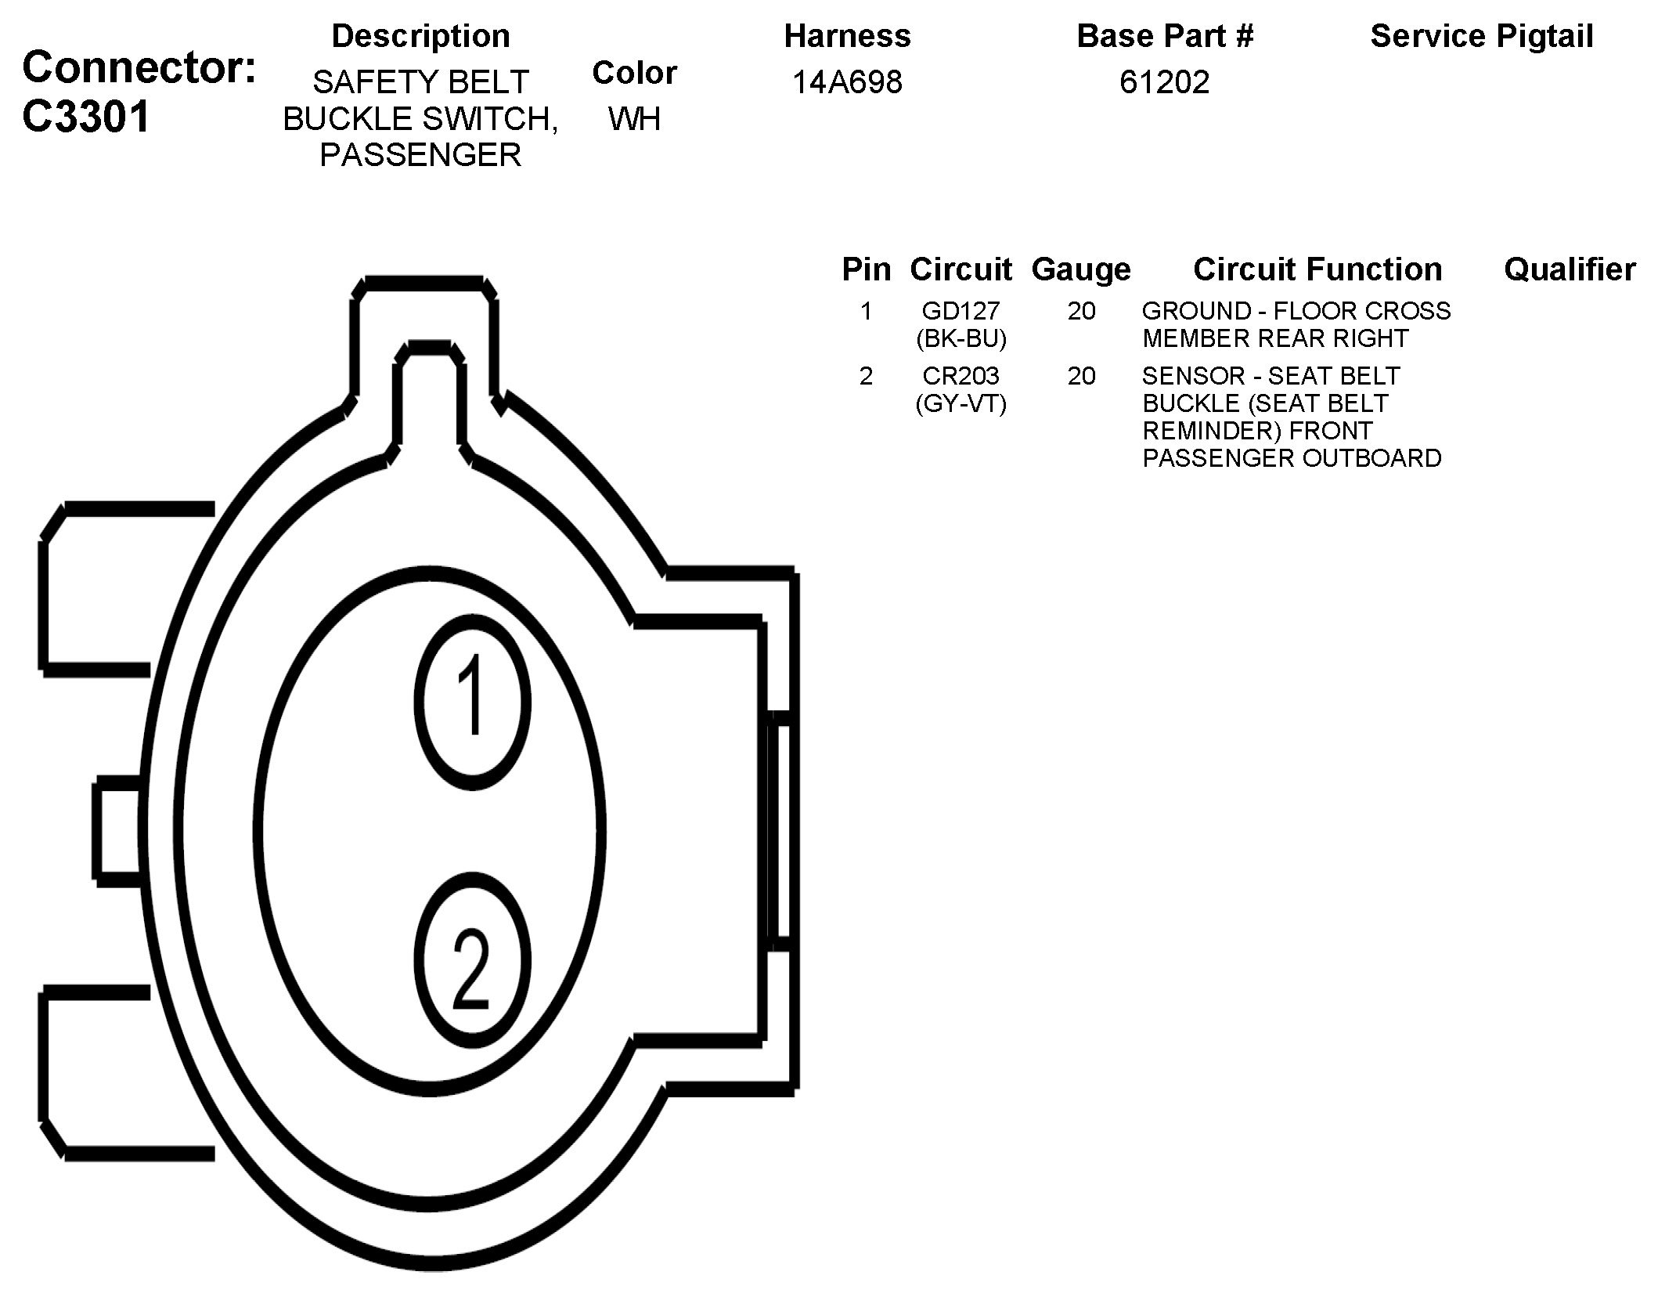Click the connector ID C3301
click(x=86, y=117)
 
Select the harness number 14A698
click(x=847, y=81)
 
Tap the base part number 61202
click(x=1164, y=81)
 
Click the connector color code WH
click(x=634, y=118)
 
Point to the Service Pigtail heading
click(x=1482, y=36)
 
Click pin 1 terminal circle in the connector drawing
click(x=472, y=701)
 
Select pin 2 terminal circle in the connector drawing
click(x=472, y=959)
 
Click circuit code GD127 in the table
click(x=961, y=311)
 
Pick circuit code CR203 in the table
click(x=961, y=376)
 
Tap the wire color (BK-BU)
click(x=961, y=338)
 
